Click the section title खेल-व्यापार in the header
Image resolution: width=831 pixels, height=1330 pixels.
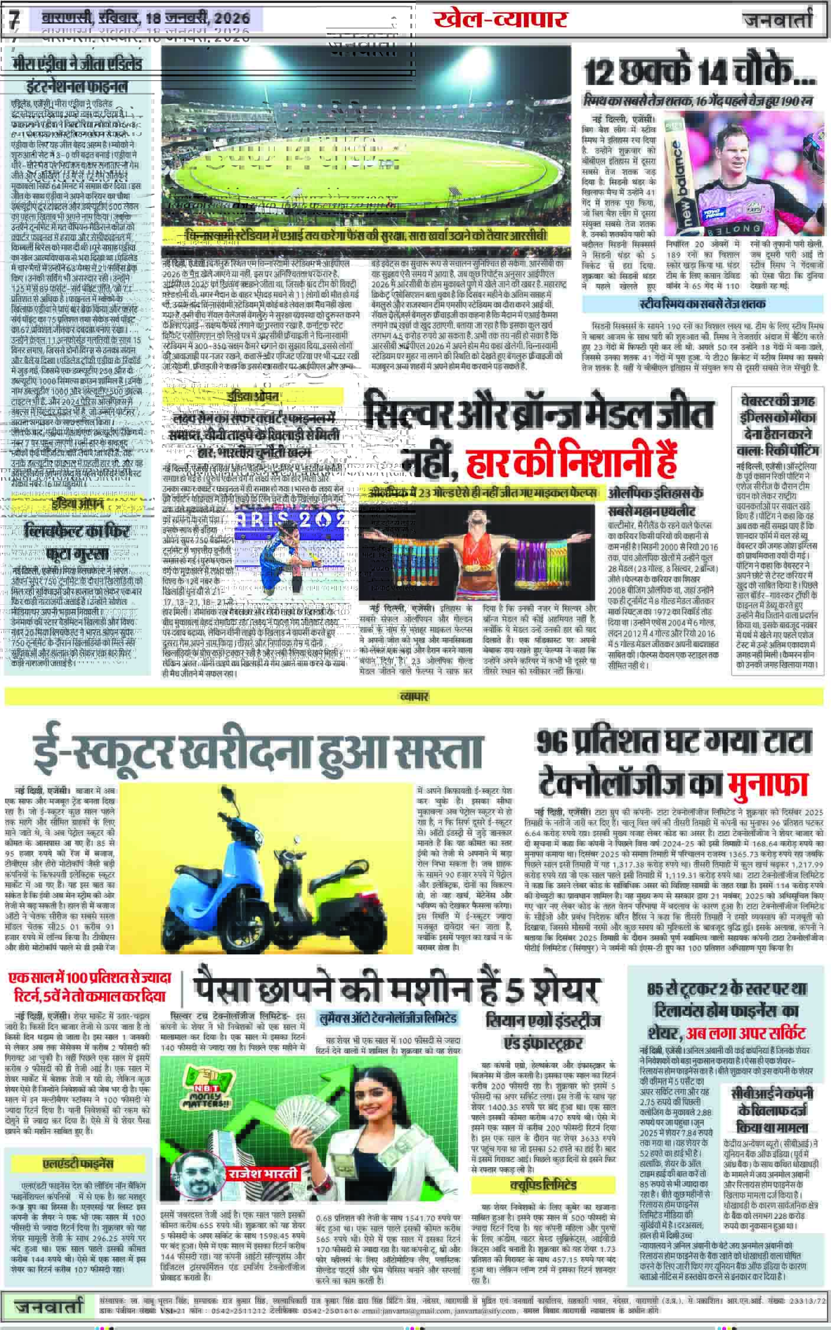point(500,19)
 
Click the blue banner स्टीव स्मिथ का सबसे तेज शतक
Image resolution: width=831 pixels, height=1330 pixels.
point(702,305)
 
